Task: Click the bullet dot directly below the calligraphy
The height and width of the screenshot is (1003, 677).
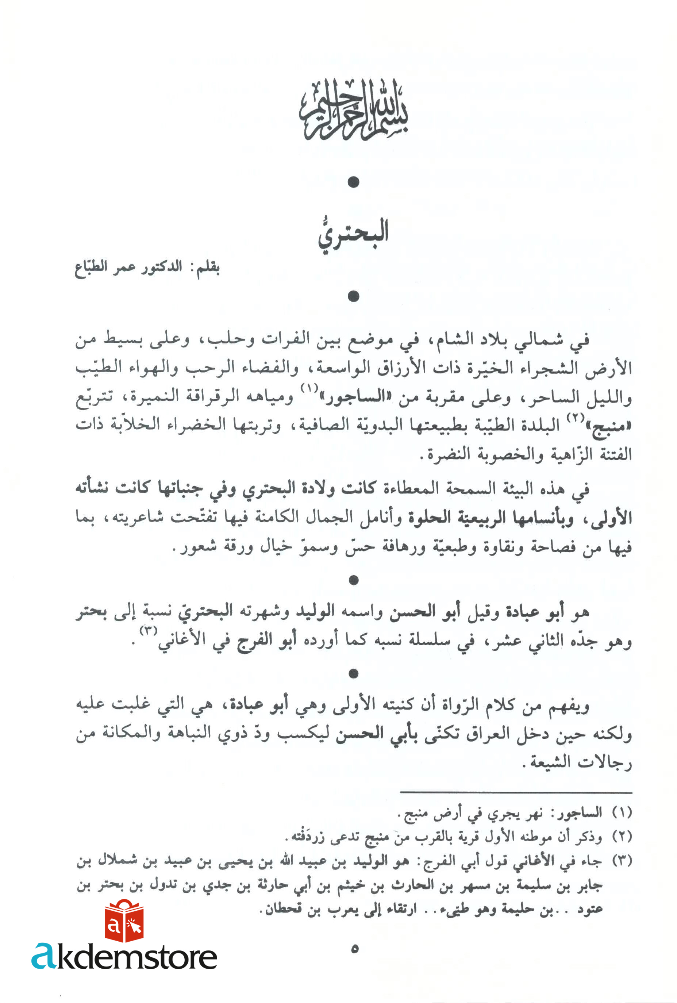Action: click(353, 182)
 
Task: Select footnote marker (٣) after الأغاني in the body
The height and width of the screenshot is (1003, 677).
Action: click(148, 631)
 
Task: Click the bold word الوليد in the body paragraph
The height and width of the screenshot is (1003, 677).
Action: click(315, 611)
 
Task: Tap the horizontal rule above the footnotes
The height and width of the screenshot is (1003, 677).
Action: click(516, 792)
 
